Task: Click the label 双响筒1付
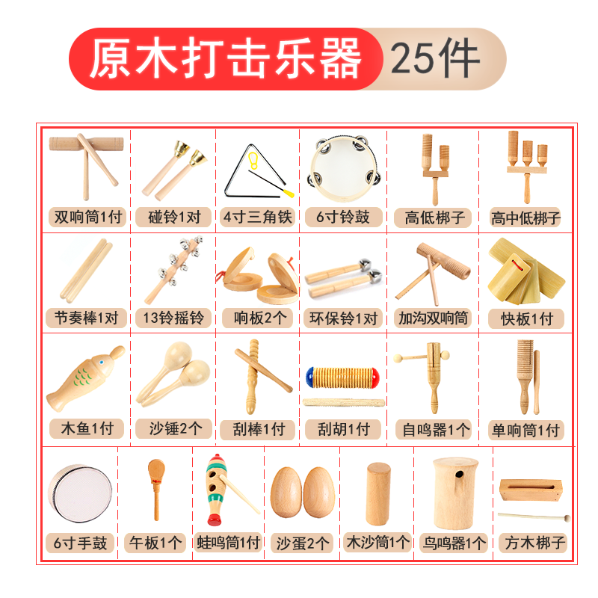87,217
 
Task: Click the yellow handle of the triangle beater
289,193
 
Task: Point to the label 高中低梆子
525,218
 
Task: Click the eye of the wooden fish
102,361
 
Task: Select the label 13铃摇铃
173,318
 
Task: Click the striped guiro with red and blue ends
342,377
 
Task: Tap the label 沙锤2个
175,428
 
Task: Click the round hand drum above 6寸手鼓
80,493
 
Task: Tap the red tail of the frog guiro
215,520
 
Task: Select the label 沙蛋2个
303,543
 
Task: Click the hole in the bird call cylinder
460,475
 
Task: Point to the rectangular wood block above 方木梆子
531,490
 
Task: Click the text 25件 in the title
435,58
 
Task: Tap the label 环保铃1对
343,318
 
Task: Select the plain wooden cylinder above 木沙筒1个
378,494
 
